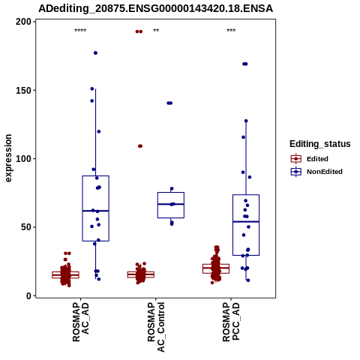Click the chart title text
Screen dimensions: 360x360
(155, 8)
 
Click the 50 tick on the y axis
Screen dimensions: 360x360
(27, 227)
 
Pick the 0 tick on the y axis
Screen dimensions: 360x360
(29, 295)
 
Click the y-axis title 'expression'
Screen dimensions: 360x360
(8, 158)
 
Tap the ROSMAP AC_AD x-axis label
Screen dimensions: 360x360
(80, 322)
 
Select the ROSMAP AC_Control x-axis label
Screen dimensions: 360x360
(156, 327)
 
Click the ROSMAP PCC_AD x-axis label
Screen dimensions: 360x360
(231, 322)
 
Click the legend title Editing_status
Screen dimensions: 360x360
(320, 144)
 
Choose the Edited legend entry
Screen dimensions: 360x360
(310, 159)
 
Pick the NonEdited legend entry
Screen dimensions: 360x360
(316, 172)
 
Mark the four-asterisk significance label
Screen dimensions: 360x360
(80, 31)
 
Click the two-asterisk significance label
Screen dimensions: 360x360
(156, 31)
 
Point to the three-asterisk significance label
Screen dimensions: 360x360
(231, 31)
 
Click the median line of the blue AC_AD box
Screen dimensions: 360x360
(96, 211)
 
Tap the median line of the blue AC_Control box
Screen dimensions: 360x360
(171, 204)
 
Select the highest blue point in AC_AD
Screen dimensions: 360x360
(95, 53)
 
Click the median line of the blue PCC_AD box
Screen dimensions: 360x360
(246, 221)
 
